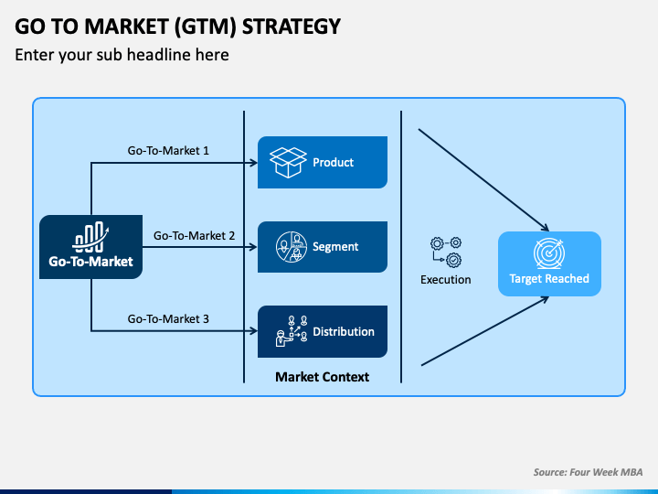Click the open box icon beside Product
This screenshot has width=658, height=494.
coord(288,162)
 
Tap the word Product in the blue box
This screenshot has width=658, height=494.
coord(334,163)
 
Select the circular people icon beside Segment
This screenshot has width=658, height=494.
coord(292,247)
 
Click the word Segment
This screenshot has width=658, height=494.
coord(335,247)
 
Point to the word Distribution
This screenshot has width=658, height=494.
coord(344,331)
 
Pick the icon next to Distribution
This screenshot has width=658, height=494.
coord(292,331)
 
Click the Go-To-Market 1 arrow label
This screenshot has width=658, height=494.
coord(168,150)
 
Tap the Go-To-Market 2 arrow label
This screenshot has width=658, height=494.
coord(194,236)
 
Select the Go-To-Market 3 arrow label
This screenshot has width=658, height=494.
coord(168,319)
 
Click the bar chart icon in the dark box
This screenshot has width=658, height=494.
coord(90,237)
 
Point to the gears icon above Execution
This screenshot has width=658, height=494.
coord(446,252)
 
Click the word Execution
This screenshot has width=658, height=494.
coord(446,279)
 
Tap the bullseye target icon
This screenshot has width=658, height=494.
coord(549,253)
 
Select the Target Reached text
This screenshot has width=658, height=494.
coord(549,278)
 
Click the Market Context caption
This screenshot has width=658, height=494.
coord(323,377)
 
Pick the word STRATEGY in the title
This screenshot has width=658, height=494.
coord(292,27)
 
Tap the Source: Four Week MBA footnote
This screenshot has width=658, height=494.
coord(588,472)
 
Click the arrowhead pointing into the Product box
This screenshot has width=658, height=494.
coord(253,163)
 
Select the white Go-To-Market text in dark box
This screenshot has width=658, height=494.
coord(90,262)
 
